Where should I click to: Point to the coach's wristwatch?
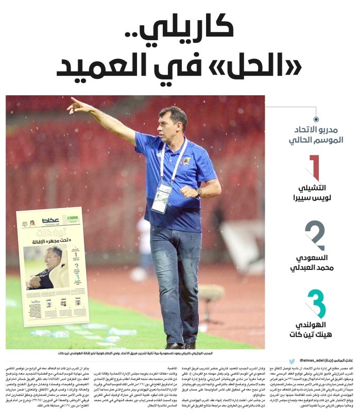click(199, 191)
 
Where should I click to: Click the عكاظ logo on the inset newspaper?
click(52, 220)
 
